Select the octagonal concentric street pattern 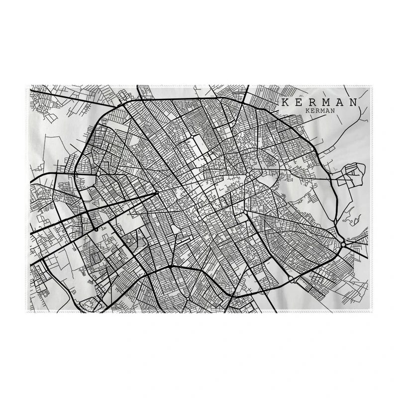pos(131,241)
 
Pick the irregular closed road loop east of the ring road pos(350,175)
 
